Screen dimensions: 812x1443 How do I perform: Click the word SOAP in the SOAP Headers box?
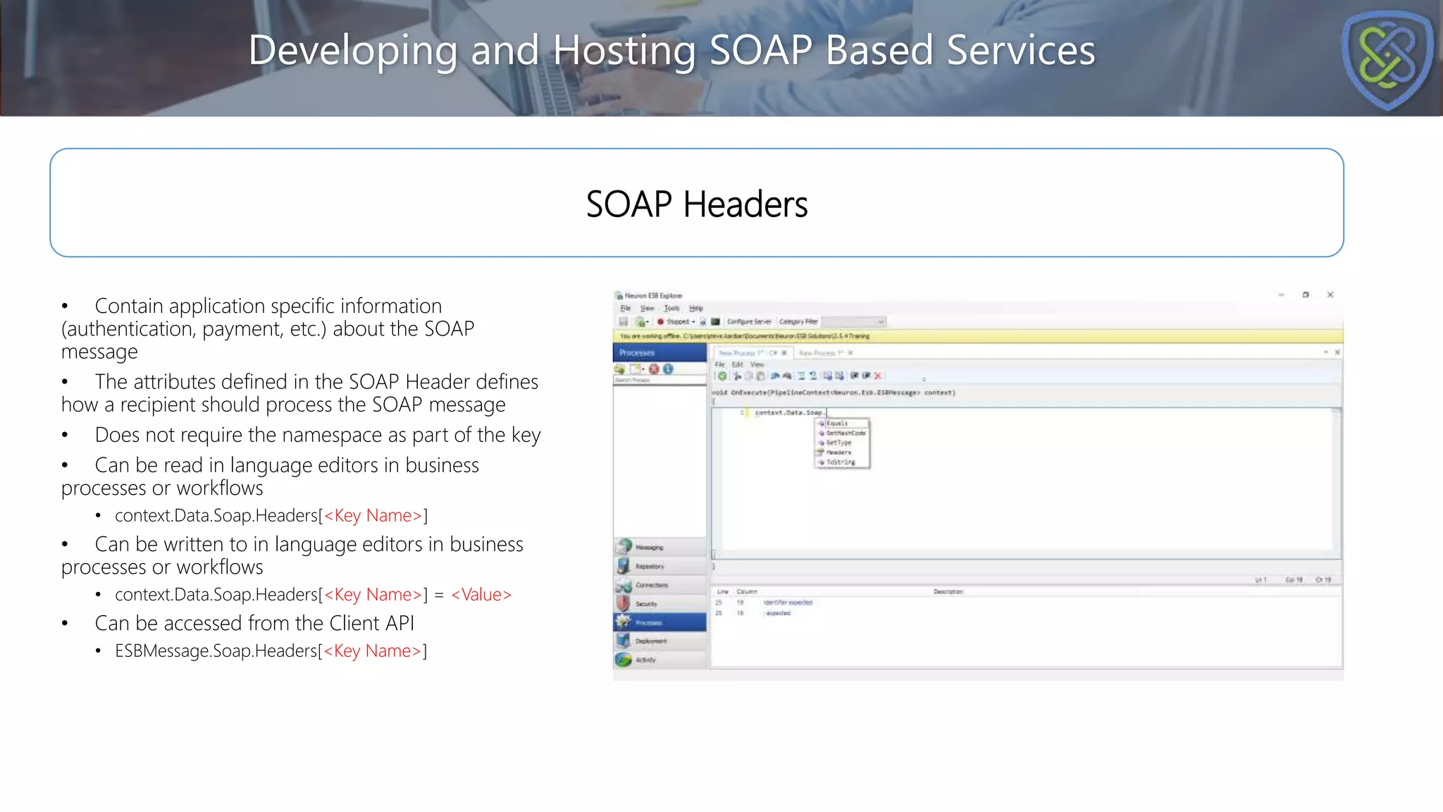click(628, 204)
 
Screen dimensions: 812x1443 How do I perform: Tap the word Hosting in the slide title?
click(624, 51)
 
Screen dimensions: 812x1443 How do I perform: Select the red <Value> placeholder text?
click(481, 595)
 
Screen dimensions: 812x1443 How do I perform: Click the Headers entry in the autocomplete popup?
click(838, 453)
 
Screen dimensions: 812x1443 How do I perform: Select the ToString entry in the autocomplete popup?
click(840, 462)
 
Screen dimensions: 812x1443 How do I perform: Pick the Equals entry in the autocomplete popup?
click(837, 424)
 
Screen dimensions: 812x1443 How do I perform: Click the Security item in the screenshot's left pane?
click(645, 604)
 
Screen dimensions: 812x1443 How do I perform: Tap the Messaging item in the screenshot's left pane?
click(648, 548)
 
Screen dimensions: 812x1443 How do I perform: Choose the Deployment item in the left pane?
click(650, 641)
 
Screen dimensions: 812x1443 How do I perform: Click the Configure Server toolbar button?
click(748, 321)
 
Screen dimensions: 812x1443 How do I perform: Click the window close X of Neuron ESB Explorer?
click(1330, 295)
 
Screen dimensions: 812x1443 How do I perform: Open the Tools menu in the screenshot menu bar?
click(671, 308)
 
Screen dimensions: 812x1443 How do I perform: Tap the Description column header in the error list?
click(948, 592)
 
